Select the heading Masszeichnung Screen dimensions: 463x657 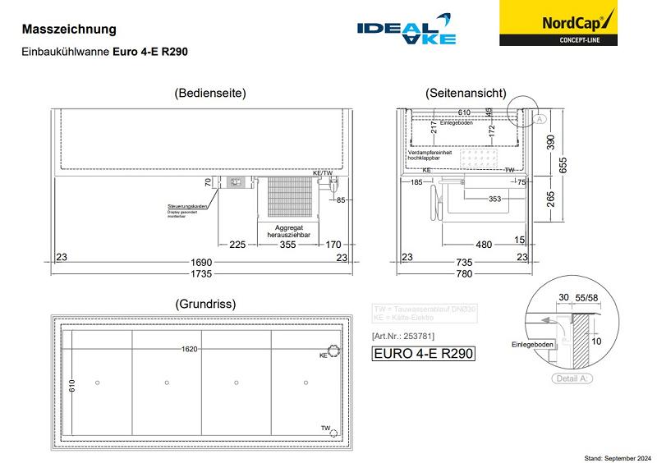(x=69, y=30)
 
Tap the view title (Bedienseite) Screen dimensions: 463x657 (x=210, y=94)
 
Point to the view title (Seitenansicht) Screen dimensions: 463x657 (x=466, y=94)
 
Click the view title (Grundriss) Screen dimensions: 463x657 (x=205, y=304)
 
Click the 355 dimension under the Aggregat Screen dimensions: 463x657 (x=287, y=244)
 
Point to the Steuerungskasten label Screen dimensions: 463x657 (x=186, y=206)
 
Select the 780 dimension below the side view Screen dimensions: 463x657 (x=465, y=273)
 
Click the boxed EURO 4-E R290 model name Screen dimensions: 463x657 (x=424, y=355)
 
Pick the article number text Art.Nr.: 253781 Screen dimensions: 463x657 (x=402, y=337)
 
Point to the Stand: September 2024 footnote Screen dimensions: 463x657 (x=616, y=457)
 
